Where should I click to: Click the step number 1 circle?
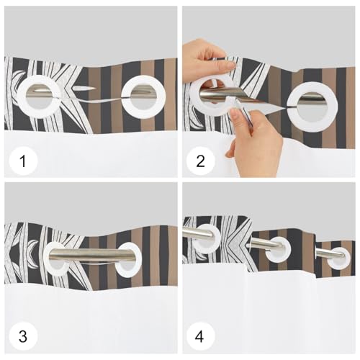(23, 161)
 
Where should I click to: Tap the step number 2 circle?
(201, 161)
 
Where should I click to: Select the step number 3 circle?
(23, 336)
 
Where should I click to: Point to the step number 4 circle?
(199, 336)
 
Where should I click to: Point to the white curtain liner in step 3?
(91, 319)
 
